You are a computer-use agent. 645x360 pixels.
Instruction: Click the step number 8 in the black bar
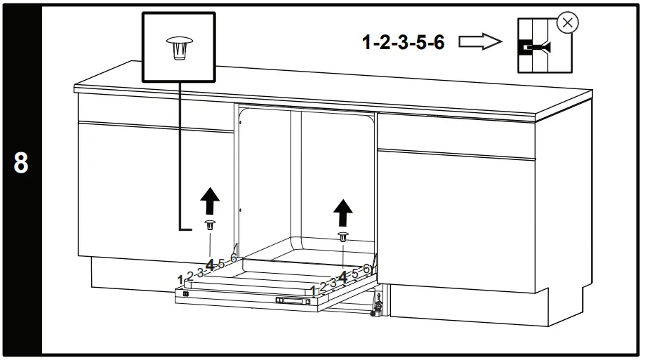coord(21,164)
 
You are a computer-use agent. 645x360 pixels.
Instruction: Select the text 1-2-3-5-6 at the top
coord(403,42)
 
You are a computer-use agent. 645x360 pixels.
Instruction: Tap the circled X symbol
coord(567,23)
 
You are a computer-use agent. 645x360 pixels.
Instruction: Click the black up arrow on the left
coord(209,202)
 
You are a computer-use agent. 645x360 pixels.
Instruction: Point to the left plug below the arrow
coord(209,225)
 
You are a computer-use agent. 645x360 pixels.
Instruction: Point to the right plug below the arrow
coord(343,236)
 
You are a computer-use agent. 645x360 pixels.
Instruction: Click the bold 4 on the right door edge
coord(343,277)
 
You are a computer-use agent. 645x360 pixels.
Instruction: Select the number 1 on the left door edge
coord(181,279)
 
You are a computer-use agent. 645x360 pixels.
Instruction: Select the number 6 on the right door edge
coord(366,269)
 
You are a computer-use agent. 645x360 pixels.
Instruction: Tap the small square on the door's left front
coord(185,294)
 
